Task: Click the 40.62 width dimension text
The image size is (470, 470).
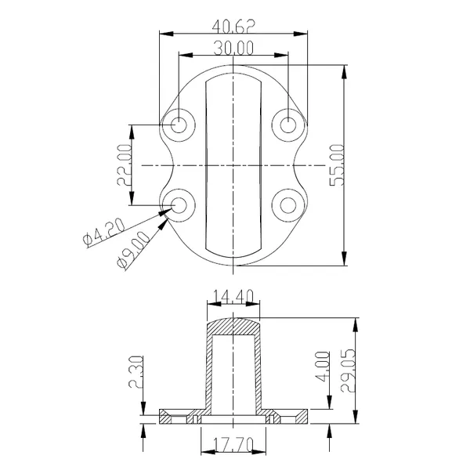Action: pos(233,27)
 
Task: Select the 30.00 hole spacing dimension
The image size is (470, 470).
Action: pos(233,48)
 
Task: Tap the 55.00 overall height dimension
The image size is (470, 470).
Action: pos(336,164)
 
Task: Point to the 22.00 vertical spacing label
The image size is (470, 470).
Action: pos(124,164)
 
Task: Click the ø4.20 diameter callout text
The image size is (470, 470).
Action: pos(103,233)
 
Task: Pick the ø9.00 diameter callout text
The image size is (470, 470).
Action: pos(133,250)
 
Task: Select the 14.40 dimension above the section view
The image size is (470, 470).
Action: pos(233,296)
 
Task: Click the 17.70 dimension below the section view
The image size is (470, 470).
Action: pos(233,444)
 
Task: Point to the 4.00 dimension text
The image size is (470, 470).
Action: pos(323,367)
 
